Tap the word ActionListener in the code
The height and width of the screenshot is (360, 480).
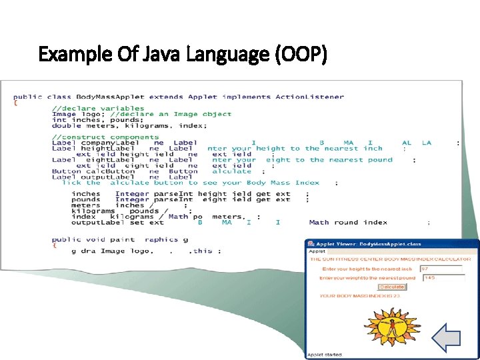[x=310, y=97]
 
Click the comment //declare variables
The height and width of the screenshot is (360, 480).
[x=98, y=108]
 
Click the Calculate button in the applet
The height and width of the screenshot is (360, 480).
[x=391, y=287]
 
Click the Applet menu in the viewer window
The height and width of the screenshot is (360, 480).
[x=316, y=252]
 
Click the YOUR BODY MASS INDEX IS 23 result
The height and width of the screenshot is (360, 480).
[x=359, y=296]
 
